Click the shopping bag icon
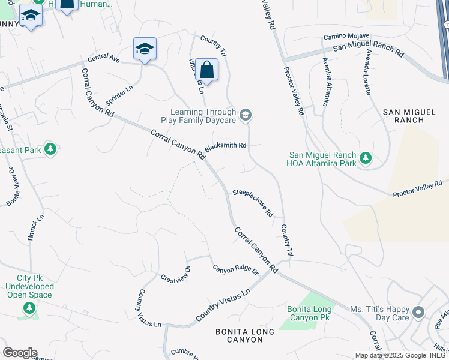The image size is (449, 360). pos(206,70)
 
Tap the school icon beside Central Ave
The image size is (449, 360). pos(145,49)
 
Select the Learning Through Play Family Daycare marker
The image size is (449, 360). pos(245,115)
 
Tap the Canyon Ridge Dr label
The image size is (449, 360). pos(235,271)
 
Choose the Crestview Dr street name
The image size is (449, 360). pos(175,274)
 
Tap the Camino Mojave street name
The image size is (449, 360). pos(346,37)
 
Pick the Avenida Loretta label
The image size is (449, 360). pos(367,72)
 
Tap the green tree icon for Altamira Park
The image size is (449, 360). pos(365,159)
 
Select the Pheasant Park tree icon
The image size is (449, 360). pos(50,148)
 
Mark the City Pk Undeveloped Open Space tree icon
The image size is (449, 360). pos(29,308)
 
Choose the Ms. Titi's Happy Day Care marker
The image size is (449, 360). pos(418,313)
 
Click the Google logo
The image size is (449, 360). pos(19,353)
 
